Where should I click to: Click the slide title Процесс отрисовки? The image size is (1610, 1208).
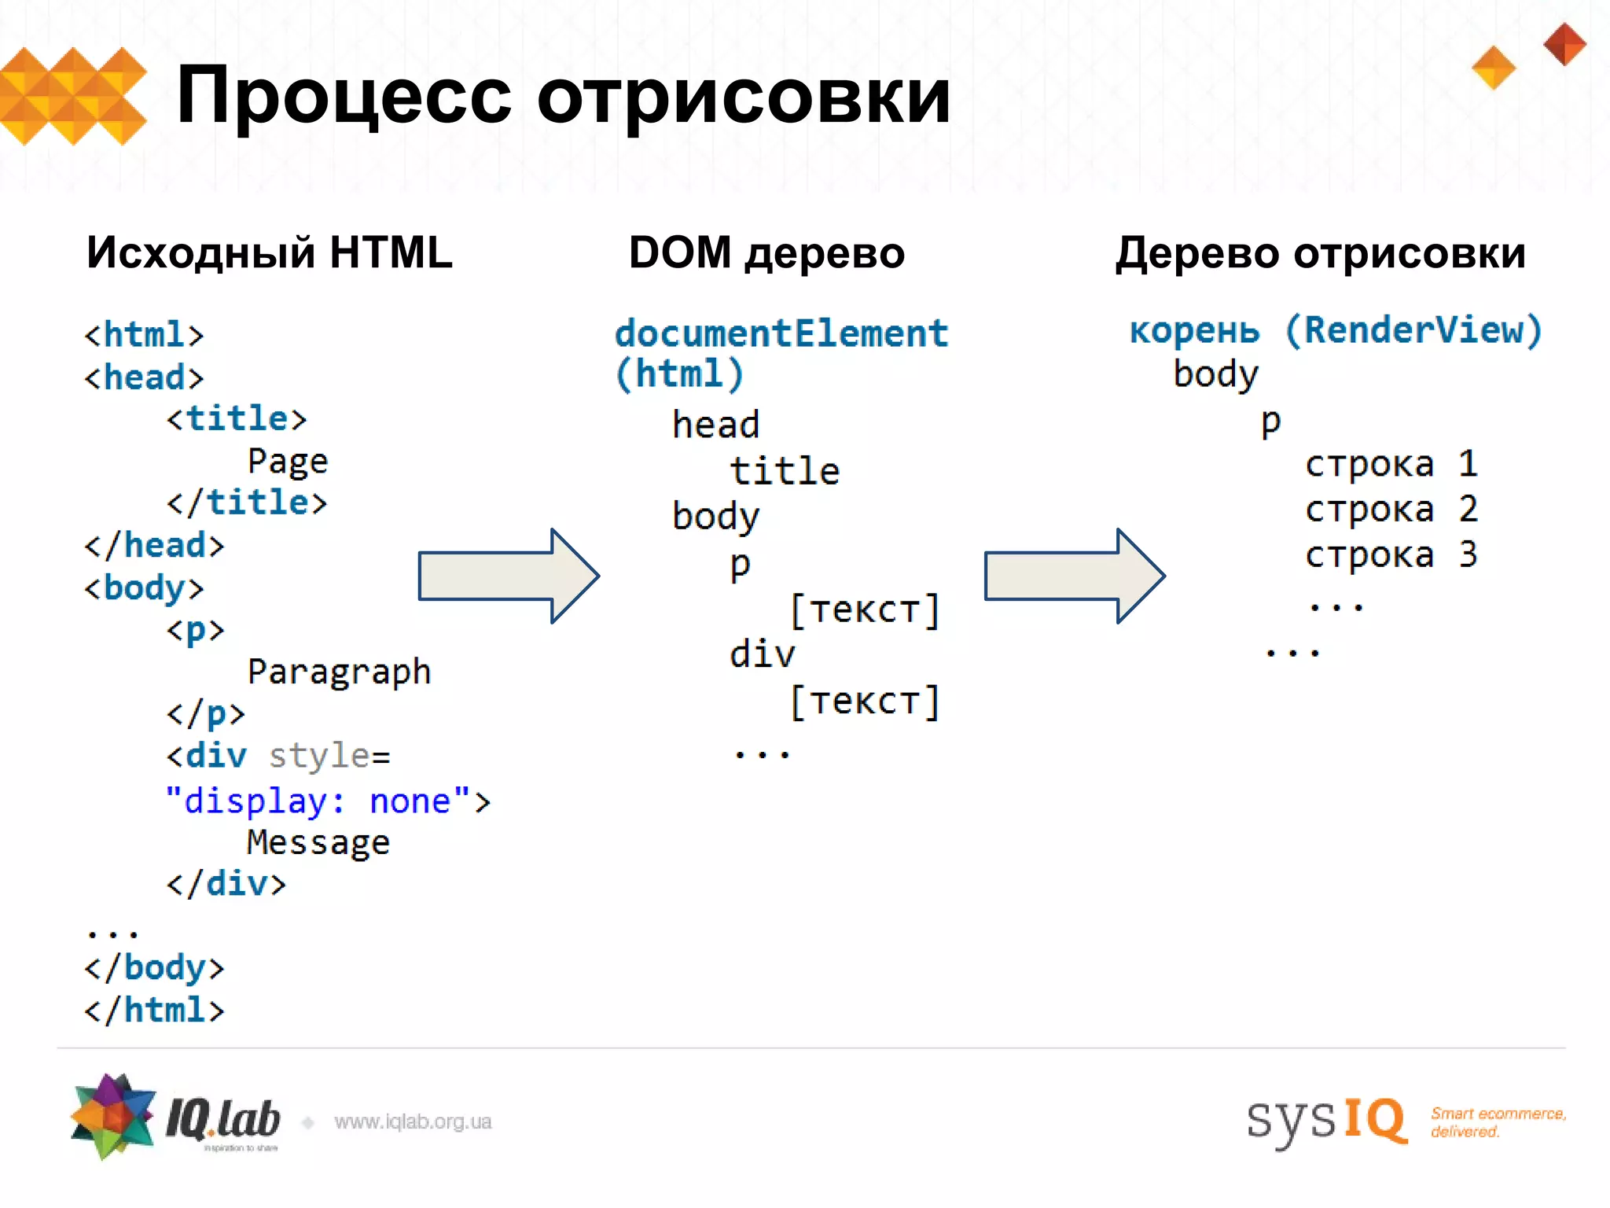(x=563, y=96)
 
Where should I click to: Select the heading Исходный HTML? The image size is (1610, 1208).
(x=270, y=252)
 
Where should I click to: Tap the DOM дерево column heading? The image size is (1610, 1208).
(x=766, y=252)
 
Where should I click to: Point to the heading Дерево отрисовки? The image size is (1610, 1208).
(x=1320, y=252)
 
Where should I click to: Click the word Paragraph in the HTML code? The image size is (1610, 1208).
(x=339, y=672)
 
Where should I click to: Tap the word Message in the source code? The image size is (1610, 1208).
(x=318, y=842)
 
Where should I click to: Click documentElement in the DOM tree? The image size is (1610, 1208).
(x=781, y=333)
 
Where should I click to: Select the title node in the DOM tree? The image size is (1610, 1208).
(x=785, y=471)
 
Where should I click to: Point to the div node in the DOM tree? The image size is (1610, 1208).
(x=762, y=654)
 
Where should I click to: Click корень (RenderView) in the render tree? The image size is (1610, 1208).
(x=1336, y=330)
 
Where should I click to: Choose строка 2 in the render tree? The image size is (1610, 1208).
(x=1391, y=510)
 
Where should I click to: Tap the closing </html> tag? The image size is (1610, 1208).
(x=155, y=1010)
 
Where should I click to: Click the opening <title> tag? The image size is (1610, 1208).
(x=237, y=418)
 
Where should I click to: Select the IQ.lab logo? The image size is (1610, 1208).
(x=175, y=1117)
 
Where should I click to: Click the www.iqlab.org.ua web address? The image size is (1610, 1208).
(x=413, y=1121)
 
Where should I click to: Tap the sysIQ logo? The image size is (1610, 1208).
(x=1326, y=1119)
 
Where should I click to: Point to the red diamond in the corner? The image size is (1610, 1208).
(x=1564, y=44)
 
